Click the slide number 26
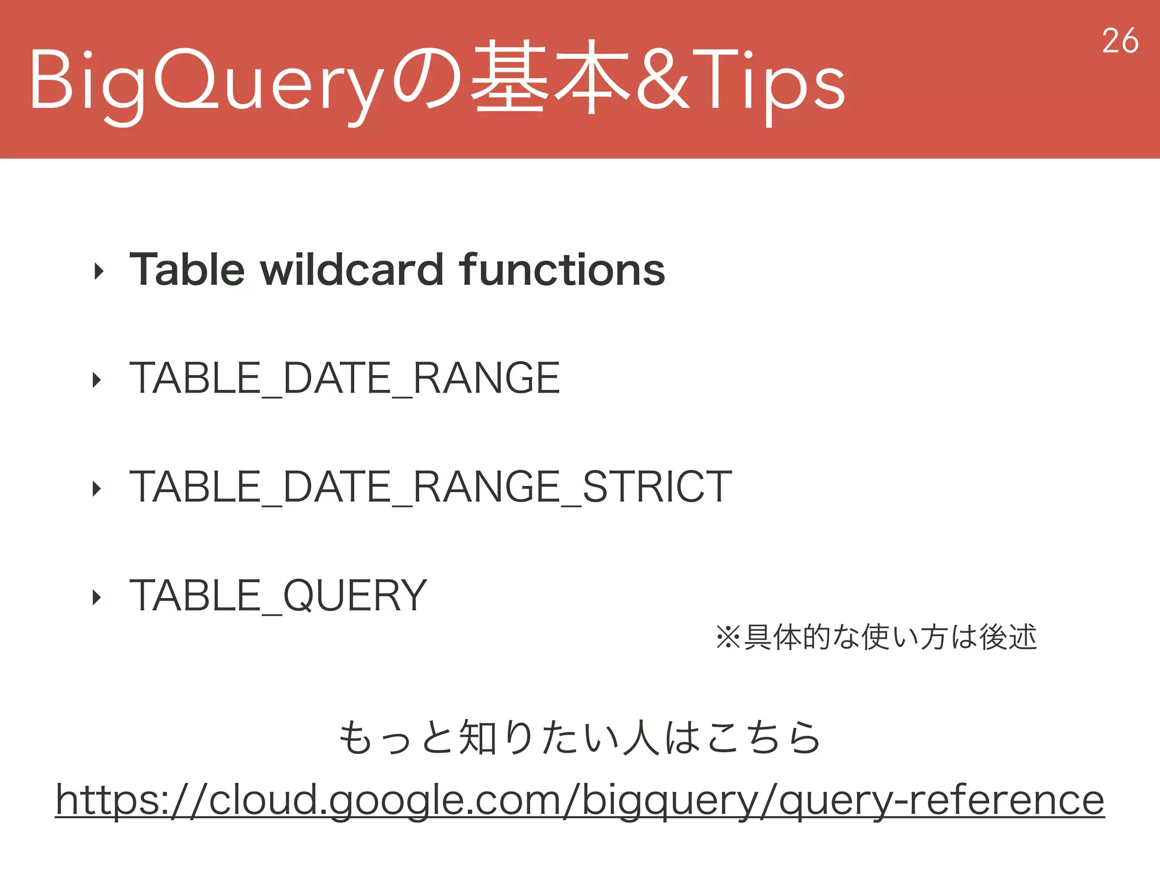pos(1120,41)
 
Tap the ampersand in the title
pos(663,79)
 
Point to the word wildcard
pos(352,270)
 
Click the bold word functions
pos(562,270)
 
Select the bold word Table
pos(187,270)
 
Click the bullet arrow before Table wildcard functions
pos(99,272)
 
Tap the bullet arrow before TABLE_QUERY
pos(97,597)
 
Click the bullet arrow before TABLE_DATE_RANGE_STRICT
pos(97,488)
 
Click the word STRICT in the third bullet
pos(657,487)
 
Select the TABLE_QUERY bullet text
pos(278,596)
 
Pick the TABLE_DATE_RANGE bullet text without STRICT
pos(344,378)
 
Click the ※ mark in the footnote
pos(728,637)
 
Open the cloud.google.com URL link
pos(579,800)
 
